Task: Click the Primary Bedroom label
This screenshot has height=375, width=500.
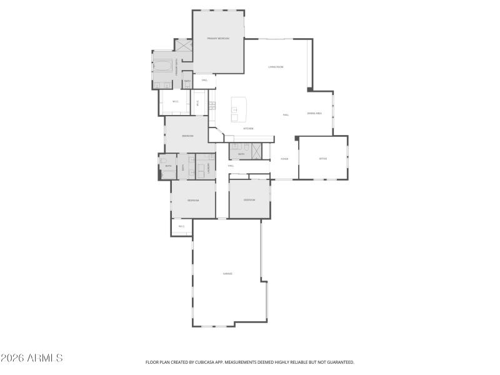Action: pyautogui.click(x=218, y=39)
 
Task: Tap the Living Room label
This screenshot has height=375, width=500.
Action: pyautogui.click(x=276, y=66)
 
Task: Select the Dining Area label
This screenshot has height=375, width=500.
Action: pyautogui.click(x=314, y=113)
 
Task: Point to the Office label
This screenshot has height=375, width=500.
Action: pyautogui.click(x=323, y=159)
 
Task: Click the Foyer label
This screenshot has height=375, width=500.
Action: pyautogui.click(x=284, y=159)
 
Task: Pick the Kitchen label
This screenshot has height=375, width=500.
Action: pyautogui.click(x=248, y=129)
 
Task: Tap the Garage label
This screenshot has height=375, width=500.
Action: pyautogui.click(x=227, y=274)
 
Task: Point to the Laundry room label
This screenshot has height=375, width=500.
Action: pyautogui.click(x=207, y=167)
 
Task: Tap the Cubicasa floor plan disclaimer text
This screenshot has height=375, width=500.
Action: pyautogui.click(x=250, y=362)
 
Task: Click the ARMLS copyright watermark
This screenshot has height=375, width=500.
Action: pyautogui.click(x=31, y=358)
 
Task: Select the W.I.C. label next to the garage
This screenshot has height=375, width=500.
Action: pyautogui.click(x=181, y=226)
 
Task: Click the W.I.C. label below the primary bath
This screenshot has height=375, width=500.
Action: pyautogui.click(x=176, y=101)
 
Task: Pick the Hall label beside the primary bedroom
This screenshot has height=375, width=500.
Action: pyautogui.click(x=204, y=81)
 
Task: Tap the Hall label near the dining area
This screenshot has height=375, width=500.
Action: pyautogui.click(x=286, y=114)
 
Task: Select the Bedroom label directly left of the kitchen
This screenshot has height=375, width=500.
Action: pyautogui.click(x=187, y=136)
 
